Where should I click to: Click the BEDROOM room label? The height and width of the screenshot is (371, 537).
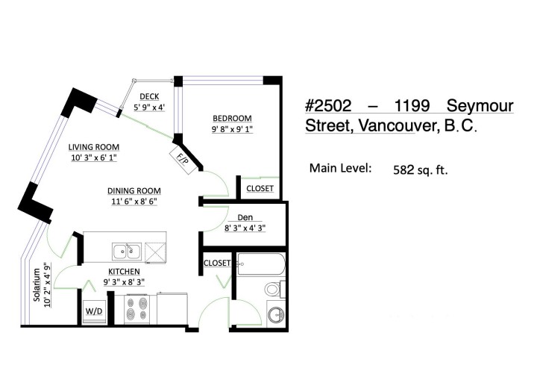[232, 118]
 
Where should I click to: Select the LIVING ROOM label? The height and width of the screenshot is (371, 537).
[95, 147]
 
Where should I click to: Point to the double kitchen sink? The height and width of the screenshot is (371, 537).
[125, 250]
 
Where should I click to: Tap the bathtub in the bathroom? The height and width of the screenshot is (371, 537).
[260, 264]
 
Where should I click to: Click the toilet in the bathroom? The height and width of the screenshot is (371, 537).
[273, 289]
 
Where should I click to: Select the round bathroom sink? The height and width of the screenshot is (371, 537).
[276, 314]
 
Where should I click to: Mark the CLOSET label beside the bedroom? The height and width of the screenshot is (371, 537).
[260, 189]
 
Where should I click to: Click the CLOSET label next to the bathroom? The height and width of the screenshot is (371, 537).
[216, 263]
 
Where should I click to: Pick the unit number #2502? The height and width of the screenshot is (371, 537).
[335, 106]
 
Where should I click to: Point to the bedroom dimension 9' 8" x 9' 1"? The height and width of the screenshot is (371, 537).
[232, 129]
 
